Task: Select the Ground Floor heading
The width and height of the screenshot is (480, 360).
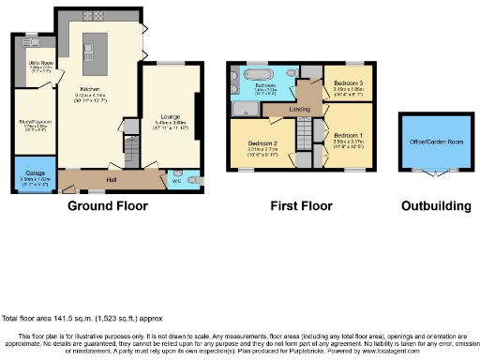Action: pyautogui.click(x=104, y=205)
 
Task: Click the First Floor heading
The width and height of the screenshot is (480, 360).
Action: pyautogui.click(x=299, y=205)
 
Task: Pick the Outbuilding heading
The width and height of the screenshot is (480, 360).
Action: pyautogui.click(x=428, y=205)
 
